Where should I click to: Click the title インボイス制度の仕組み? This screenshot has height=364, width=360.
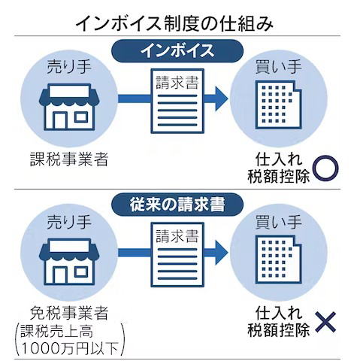[x=174, y=23]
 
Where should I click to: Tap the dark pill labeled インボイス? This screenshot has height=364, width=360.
[x=177, y=50]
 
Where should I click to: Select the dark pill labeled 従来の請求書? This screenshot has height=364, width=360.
[x=177, y=205]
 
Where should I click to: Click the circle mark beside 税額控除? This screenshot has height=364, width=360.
[x=326, y=168]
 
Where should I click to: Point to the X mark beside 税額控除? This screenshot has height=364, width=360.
[x=325, y=322]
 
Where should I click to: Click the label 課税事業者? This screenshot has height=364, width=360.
[x=69, y=159]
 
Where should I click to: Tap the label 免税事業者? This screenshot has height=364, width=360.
[x=69, y=313]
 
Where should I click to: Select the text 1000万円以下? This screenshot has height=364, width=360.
[x=70, y=348]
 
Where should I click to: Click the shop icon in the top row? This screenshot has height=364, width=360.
[x=69, y=107]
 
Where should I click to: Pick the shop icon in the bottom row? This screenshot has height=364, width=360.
[x=69, y=262]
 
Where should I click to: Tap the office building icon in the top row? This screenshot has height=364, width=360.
[x=278, y=105]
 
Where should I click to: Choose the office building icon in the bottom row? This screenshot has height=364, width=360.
[x=278, y=259]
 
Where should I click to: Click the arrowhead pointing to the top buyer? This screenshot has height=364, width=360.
[x=222, y=99]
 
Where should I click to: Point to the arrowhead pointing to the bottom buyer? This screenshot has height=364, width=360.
[x=222, y=253]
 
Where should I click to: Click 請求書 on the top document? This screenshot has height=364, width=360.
[x=177, y=83]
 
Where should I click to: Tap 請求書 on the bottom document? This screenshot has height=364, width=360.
[x=177, y=236]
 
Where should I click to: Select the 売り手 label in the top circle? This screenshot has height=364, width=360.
[x=69, y=67]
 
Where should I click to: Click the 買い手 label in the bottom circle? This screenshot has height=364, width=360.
[x=278, y=222]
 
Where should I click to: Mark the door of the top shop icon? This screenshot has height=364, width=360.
[x=60, y=120]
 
